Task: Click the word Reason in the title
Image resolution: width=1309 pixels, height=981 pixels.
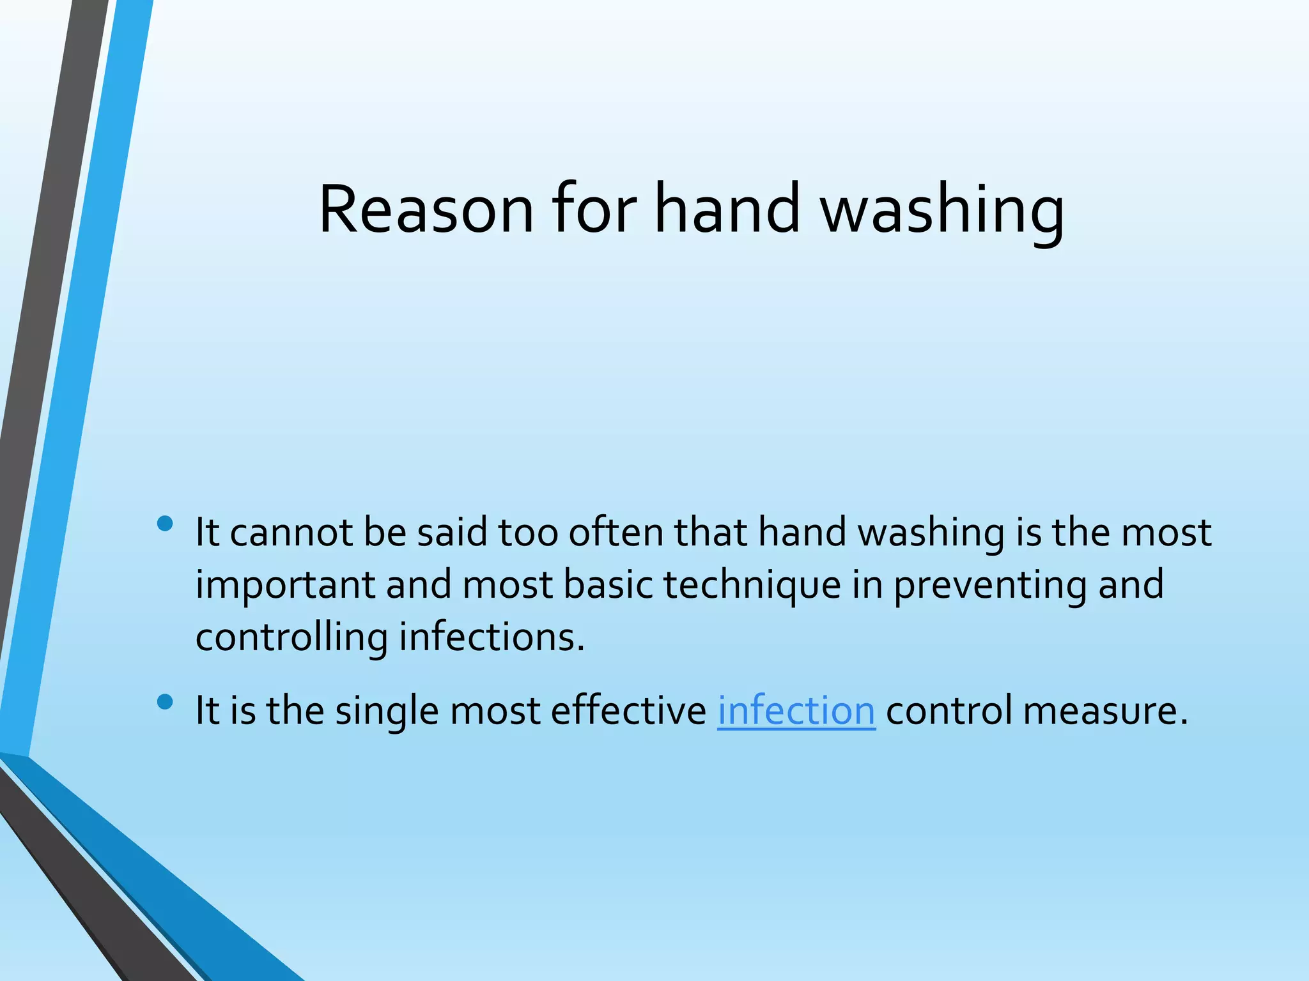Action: click(x=426, y=209)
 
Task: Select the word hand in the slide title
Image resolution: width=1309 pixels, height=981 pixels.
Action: click(x=727, y=209)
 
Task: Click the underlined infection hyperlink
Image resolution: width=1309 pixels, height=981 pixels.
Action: click(x=796, y=711)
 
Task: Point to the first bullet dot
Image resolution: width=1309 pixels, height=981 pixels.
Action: click(x=165, y=524)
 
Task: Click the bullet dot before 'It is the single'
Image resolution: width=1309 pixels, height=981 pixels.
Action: click(x=165, y=703)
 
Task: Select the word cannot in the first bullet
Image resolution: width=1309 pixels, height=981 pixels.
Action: click(x=291, y=533)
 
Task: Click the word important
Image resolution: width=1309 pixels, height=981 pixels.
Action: click(x=285, y=586)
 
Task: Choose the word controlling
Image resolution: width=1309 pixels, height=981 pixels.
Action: click(x=291, y=638)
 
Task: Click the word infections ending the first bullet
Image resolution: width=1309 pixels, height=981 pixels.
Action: click(x=492, y=638)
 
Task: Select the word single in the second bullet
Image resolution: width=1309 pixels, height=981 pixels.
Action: click(x=387, y=711)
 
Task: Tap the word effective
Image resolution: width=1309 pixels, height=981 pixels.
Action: click(x=628, y=711)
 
